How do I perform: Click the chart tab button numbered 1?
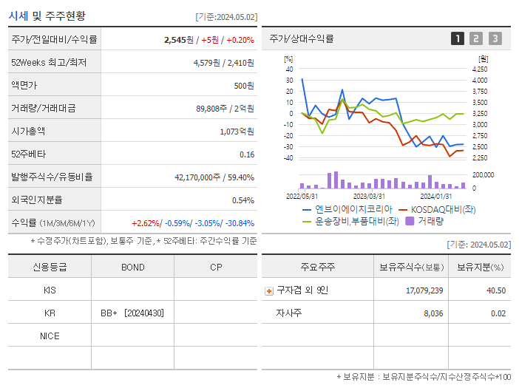click(458, 38)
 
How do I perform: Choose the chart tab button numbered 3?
click(495, 38)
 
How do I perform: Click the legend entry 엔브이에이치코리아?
click(344, 209)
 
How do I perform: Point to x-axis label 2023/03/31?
click(369, 197)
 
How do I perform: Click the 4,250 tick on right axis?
click(479, 69)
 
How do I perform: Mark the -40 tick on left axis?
click(288, 158)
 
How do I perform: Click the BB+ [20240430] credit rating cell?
click(132, 313)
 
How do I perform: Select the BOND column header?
click(132, 268)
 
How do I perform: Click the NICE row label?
click(50, 336)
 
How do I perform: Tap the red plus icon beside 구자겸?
click(268, 291)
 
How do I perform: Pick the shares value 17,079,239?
click(424, 290)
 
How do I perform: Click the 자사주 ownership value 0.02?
click(498, 313)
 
